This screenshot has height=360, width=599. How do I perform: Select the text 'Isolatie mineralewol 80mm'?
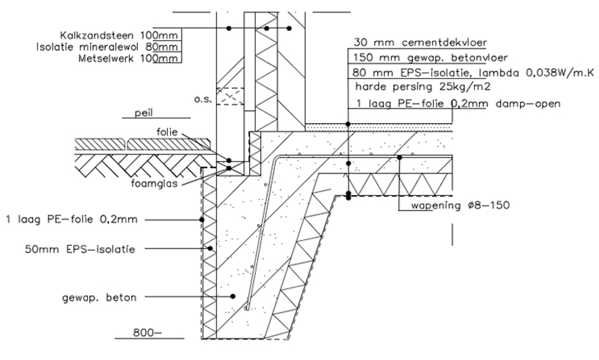click(107, 46)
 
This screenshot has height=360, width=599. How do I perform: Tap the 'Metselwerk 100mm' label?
click(129, 59)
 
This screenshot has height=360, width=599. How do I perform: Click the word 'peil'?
click(143, 113)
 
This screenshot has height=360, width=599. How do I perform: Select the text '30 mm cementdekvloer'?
click(420, 43)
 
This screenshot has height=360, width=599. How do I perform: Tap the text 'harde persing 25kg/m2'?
click(422, 86)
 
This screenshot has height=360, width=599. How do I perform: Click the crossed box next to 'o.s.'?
click(230, 96)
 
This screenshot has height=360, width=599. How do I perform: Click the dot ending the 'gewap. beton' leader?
click(233, 297)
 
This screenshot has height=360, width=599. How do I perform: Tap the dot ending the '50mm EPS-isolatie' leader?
click(210, 249)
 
